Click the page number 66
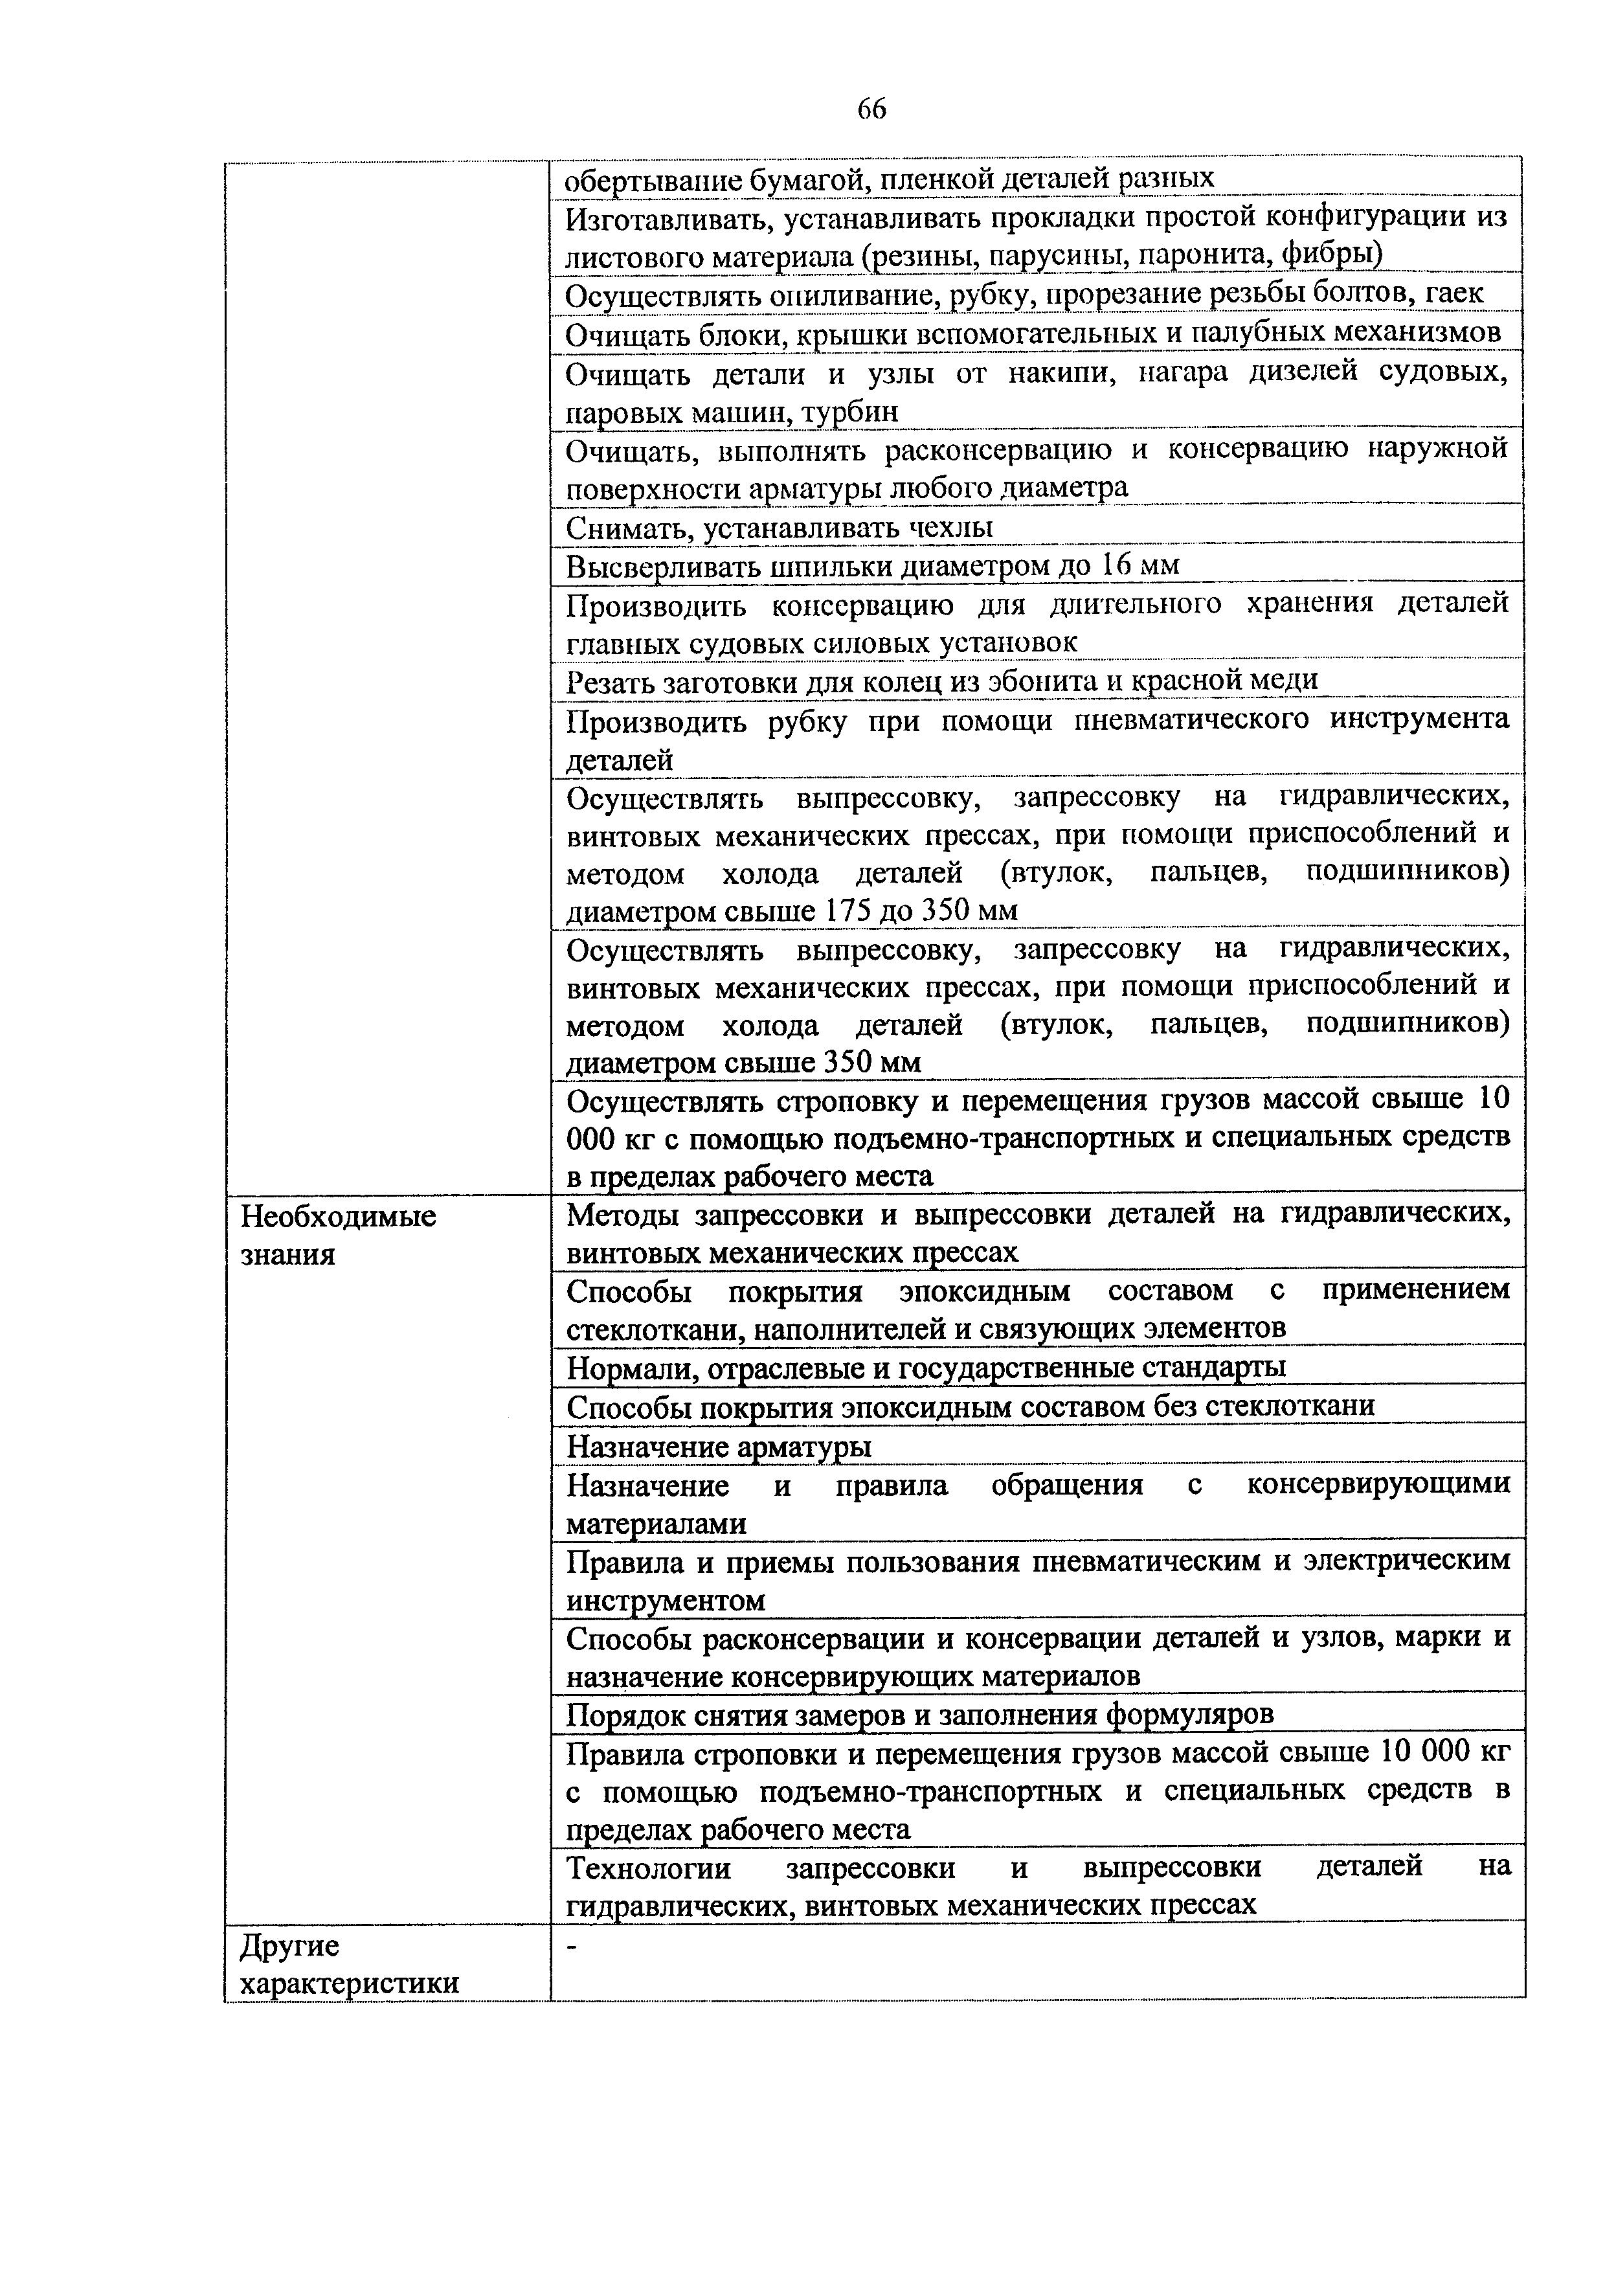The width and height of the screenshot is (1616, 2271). [x=871, y=109]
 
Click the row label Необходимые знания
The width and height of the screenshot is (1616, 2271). [x=339, y=1235]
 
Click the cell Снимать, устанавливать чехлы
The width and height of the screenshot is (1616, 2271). [x=778, y=526]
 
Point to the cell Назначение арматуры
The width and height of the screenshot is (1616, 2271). [x=719, y=1444]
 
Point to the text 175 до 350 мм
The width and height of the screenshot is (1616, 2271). [x=921, y=910]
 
